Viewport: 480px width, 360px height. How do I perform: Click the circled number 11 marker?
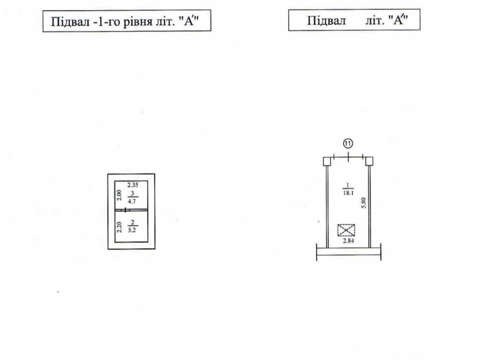(x=348, y=143)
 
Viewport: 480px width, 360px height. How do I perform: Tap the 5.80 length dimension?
(x=363, y=203)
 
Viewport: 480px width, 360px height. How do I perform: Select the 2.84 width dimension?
(x=348, y=240)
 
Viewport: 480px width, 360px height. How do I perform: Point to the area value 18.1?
(x=348, y=193)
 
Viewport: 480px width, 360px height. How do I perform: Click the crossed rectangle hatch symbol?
(x=346, y=230)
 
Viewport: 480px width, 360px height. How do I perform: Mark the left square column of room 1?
(x=327, y=161)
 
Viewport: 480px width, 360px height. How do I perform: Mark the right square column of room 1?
(x=369, y=161)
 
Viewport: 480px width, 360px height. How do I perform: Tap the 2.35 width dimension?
(x=133, y=184)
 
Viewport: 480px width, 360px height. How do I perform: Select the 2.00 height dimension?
(x=119, y=195)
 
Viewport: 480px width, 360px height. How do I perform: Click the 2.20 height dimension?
(x=119, y=227)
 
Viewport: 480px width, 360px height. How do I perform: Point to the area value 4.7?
(x=132, y=201)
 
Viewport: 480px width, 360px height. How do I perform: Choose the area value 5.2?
(x=132, y=230)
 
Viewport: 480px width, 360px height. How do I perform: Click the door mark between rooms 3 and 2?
(x=126, y=210)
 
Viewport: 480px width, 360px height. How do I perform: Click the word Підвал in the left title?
(x=70, y=21)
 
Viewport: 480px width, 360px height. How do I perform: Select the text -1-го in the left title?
(x=107, y=22)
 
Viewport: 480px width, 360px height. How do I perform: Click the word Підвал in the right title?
(x=326, y=21)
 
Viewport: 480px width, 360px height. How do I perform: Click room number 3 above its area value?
(x=132, y=193)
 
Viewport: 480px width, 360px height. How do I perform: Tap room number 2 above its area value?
(x=132, y=222)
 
